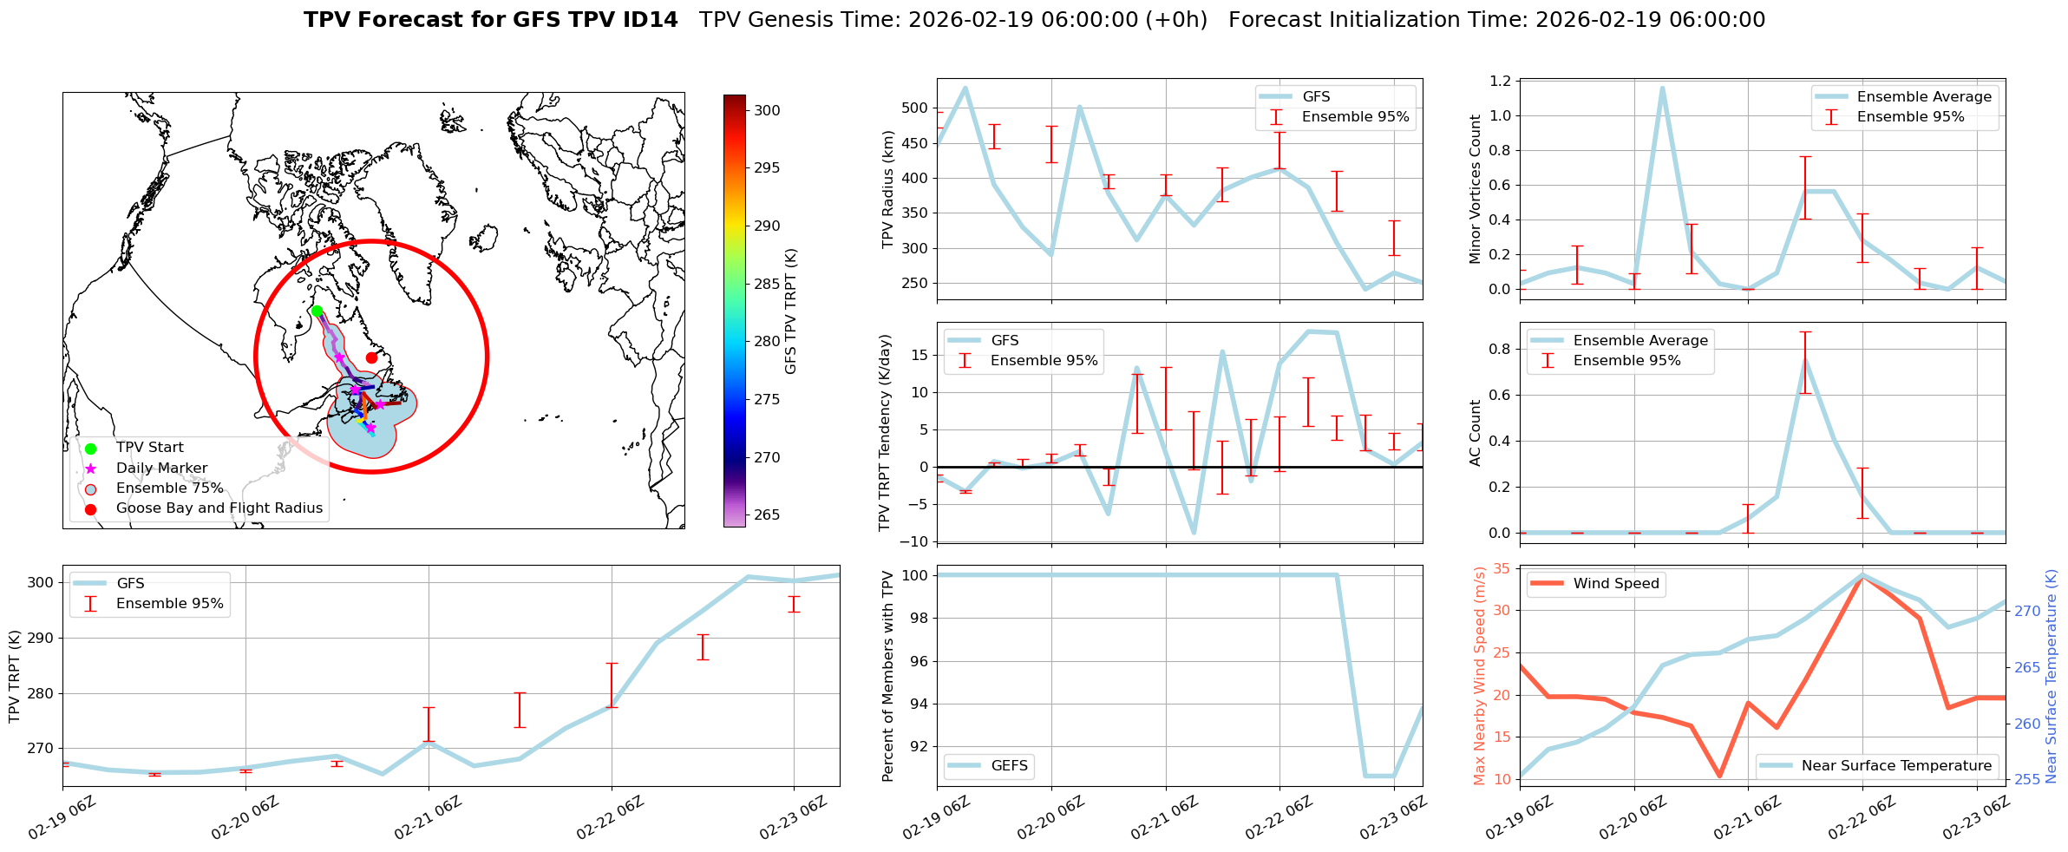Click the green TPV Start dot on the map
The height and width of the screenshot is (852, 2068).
pyautogui.click(x=317, y=311)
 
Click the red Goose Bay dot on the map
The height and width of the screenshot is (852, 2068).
pyautogui.click(x=371, y=357)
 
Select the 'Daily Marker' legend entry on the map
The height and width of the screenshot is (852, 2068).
pyautogui.click(x=161, y=468)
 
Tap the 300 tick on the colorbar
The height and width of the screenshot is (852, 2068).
pyautogui.click(x=767, y=110)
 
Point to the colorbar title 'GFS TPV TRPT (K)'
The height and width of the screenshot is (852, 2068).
pyautogui.click(x=790, y=311)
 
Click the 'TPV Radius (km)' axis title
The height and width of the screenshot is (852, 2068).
pyautogui.click(x=887, y=189)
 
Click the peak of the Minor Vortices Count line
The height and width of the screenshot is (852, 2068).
pyautogui.click(x=1662, y=88)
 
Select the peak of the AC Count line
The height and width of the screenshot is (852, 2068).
pyautogui.click(x=1805, y=360)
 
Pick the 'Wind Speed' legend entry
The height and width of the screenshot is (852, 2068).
pyautogui.click(x=1615, y=583)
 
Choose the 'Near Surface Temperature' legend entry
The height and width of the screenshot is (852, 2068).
pyautogui.click(x=1896, y=765)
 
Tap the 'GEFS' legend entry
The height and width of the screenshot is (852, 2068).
pyautogui.click(x=1009, y=765)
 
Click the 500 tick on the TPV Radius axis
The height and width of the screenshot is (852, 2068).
pyautogui.click(x=916, y=108)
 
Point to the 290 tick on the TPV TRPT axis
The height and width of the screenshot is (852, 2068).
pyautogui.click(x=41, y=638)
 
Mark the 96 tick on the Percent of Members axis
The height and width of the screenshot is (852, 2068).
pyautogui.click(x=919, y=661)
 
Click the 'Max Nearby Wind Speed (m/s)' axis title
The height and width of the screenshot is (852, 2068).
pyautogui.click(x=1479, y=676)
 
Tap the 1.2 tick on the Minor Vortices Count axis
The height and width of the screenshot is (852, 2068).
pyautogui.click(x=1500, y=81)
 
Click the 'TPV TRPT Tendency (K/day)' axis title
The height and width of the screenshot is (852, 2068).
pyautogui.click(x=884, y=432)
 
